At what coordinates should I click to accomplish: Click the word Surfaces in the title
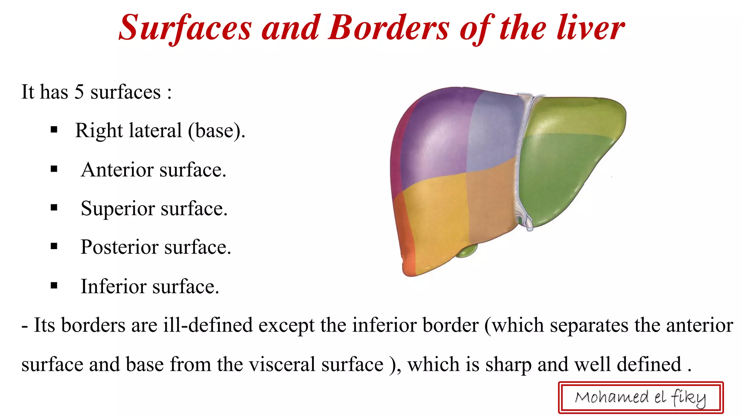185,28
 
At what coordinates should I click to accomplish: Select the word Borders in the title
389,28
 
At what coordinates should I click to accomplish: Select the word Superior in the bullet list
118,208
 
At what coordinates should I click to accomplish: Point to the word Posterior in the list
120,247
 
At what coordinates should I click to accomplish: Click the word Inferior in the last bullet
113,286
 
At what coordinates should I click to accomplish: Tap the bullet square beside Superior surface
54,208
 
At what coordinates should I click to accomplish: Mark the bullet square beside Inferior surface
54,286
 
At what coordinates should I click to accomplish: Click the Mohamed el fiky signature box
641,397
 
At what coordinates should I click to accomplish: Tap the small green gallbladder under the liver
467,250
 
